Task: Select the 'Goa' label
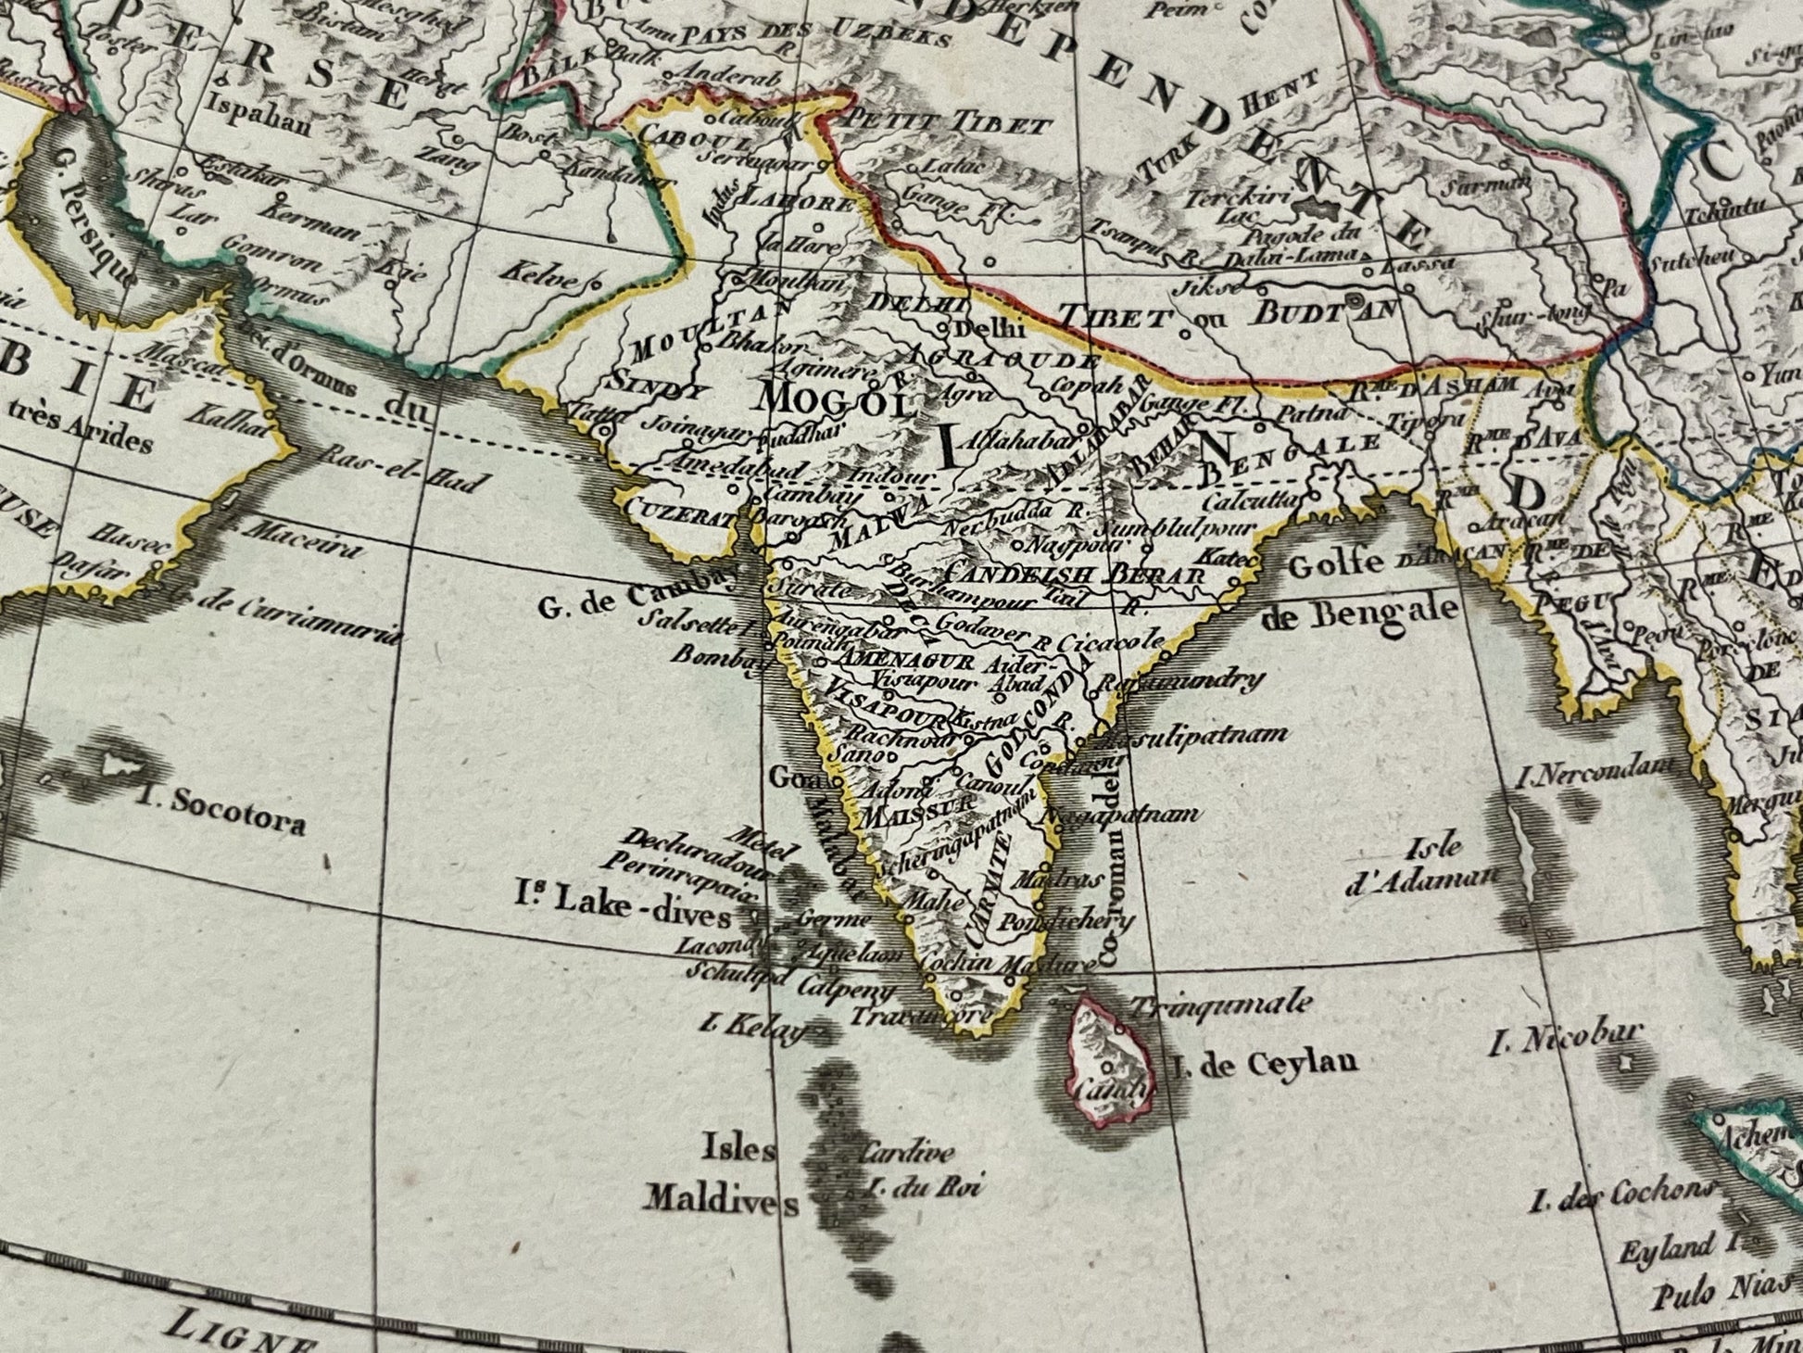tap(789, 778)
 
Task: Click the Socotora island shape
tap(120, 765)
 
